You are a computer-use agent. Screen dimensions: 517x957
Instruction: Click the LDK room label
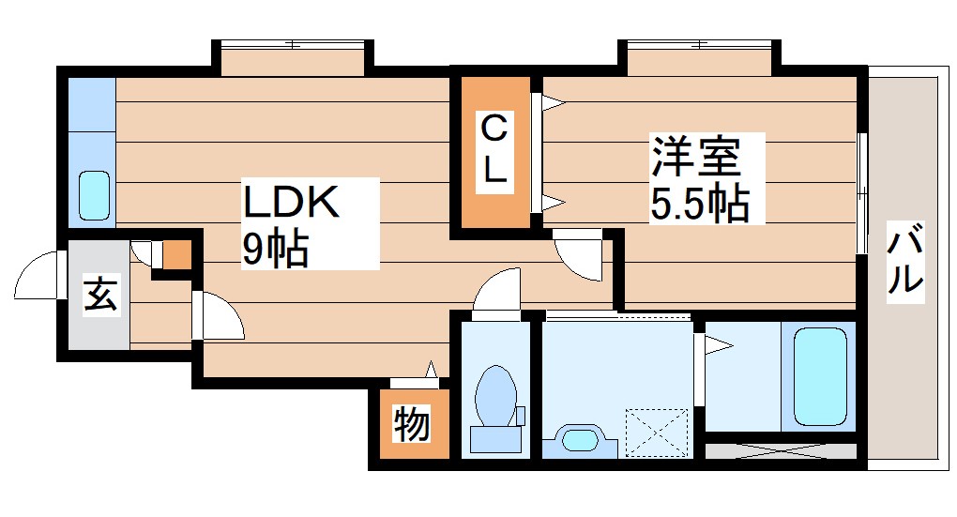290,203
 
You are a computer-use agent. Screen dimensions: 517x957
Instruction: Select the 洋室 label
697,158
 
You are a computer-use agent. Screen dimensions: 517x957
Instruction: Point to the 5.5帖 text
700,202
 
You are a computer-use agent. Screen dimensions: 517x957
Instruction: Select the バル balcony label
905,263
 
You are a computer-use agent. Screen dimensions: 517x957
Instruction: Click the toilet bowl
496,395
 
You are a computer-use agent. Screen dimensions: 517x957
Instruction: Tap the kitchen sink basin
93,194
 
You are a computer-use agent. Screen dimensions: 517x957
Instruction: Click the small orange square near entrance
176,254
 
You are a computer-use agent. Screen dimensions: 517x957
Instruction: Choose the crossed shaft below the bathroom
781,450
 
